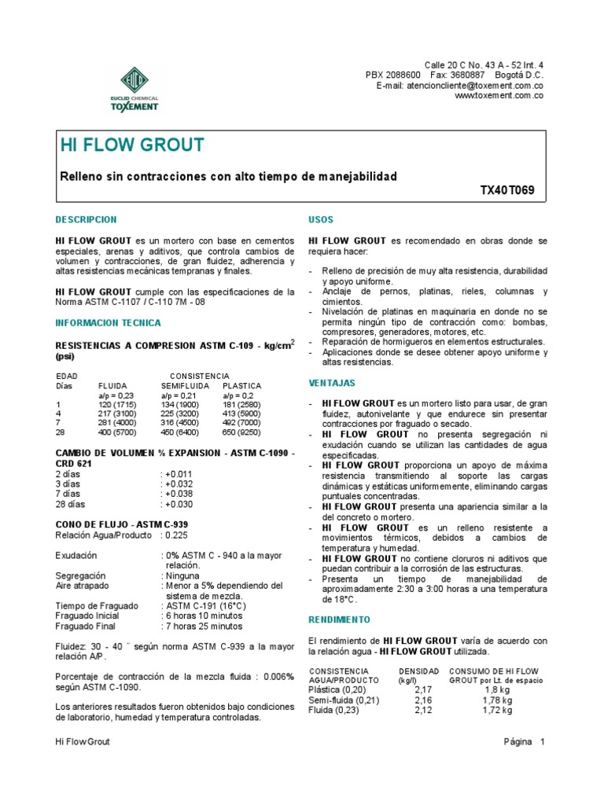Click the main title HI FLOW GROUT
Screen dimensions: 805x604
coord(132,145)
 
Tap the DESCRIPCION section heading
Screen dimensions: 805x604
coord(86,219)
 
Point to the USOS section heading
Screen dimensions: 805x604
coord(322,219)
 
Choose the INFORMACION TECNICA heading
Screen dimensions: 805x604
coord(108,322)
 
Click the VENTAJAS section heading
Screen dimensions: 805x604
coord(332,383)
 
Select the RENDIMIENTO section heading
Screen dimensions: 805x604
coord(340,619)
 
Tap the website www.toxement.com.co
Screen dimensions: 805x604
coord(499,95)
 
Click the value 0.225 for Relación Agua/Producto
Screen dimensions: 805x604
coord(175,535)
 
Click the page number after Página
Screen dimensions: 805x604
coord(543,741)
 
